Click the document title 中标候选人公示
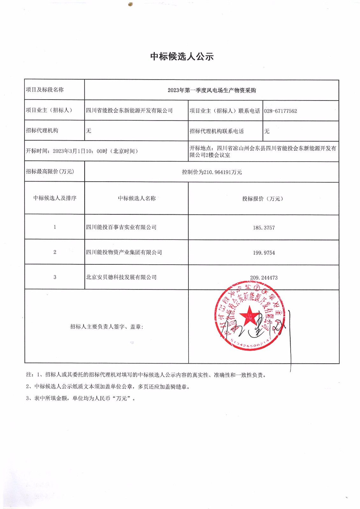pyautogui.click(x=182, y=57)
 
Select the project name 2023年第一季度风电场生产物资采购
pyautogui.click(x=212, y=90)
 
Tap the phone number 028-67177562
pyautogui.click(x=280, y=111)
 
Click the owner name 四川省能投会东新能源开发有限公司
pyautogui.click(x=129, y=111)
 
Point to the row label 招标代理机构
pyautogui.click(x=42, y=130)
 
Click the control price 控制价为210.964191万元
pyautogui.click(x=212, y=172)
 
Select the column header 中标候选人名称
pyautogui.click(x=137, y=199)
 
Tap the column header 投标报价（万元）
pyautogui.click(x=263, y=199)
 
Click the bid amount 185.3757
pyautogui.click(x=264, y=228)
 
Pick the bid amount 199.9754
pyautogui.click(x=264, y=253)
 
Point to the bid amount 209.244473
pyautogui.click(x=264, y=278)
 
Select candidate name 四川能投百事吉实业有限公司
pyautogui.click(x=121, y=227)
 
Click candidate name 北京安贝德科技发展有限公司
pyautogui.click(x=121, y=277)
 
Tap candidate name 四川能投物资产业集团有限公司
pyautogui.click(x=124, y=253)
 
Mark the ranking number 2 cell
pyautogui.click(x=55, y=252)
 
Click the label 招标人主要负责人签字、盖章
pyautogui.click(x=107, y=327)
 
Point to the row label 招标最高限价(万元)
pyautogui.click(x=50, y=171)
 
